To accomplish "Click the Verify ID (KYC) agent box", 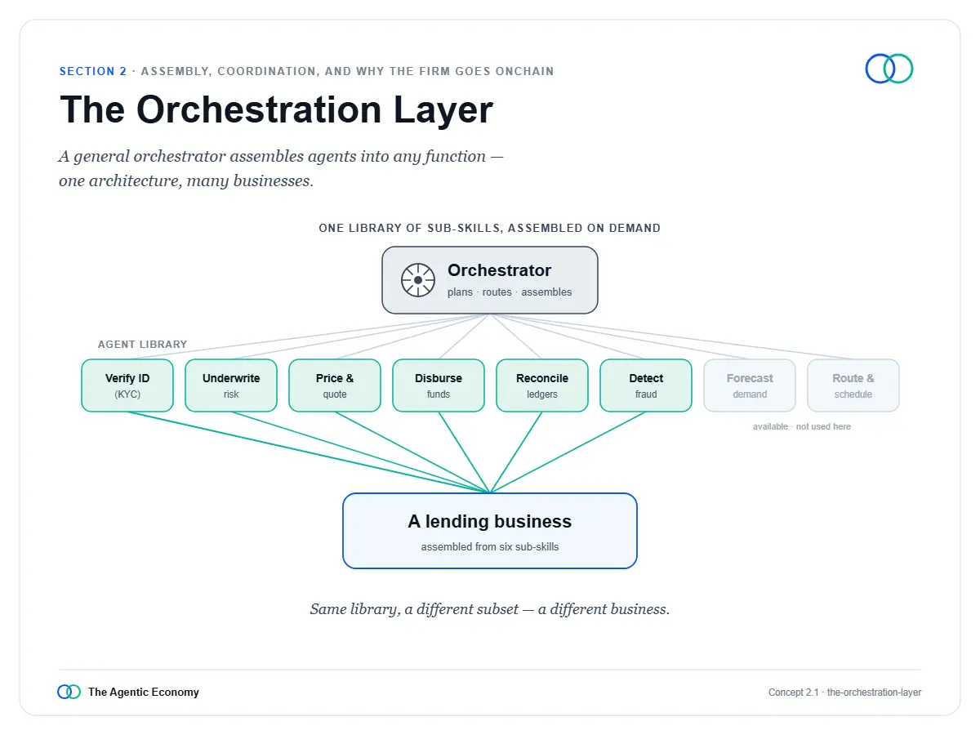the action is tap(127, 385).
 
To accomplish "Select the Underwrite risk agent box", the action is tap(231, 385).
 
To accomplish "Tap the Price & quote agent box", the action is tap(335, 385).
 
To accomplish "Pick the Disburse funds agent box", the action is tap(439, 385).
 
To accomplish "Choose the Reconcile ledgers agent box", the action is tap(542, 385).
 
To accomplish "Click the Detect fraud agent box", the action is tap(646, 385).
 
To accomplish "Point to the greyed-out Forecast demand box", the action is tap(750, 385).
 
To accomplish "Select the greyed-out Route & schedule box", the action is tap(853, 385).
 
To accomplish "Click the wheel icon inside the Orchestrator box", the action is tap(418, 280).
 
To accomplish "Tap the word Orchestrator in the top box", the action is tap(499, 270).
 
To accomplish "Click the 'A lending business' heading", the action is tap(490, 521).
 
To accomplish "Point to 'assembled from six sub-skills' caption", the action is tap(490, 546).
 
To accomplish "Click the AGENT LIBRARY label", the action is tap(142, 345).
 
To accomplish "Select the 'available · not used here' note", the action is tap(802, 426).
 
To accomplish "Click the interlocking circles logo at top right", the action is tap(889, 69).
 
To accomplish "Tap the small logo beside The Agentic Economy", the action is tap(69, 692).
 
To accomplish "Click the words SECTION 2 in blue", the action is tap(93, 71).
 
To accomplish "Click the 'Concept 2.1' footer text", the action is tap(793, 693).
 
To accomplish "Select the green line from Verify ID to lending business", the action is tap(309, 452).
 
